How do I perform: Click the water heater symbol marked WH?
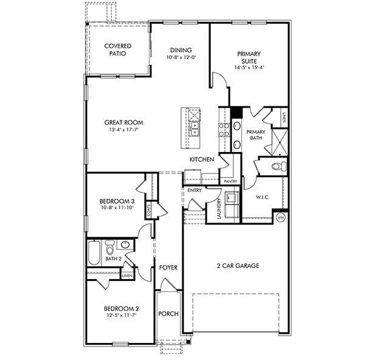point(281,218)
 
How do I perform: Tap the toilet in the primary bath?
point(279,166)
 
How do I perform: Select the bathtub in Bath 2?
point(94,253)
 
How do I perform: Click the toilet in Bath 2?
point(110,248)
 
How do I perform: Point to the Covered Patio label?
point(118,49)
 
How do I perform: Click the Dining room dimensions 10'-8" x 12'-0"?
point(181,57)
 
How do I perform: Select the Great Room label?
point(123,123)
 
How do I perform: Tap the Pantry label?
point(230,182)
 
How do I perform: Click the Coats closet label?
point(149,210)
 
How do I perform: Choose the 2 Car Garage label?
point(238,266)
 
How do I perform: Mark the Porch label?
point(168,314)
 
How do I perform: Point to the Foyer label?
point(168,268)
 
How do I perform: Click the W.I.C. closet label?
point(263,197)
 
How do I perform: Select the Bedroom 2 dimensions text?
point(122,315)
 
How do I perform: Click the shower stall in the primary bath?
point(280,142)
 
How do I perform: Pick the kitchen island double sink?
point(194,129)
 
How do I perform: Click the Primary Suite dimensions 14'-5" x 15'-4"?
point(249,67)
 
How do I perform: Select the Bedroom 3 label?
point(117,201)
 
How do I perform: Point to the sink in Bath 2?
point(125,244)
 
